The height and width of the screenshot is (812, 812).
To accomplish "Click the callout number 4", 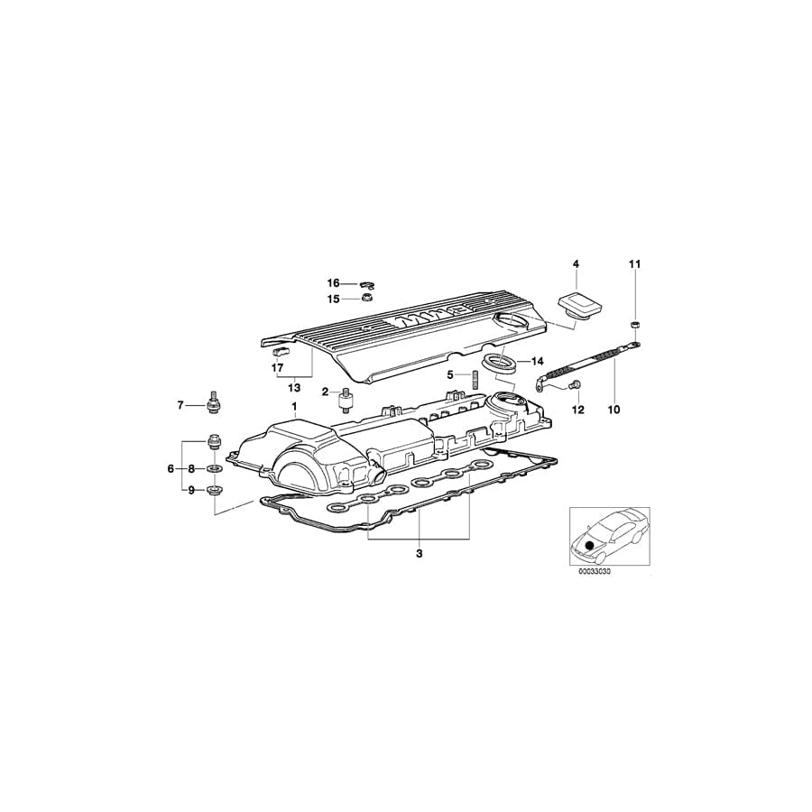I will point(575,263).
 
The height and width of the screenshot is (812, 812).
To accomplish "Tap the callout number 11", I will point(634,263).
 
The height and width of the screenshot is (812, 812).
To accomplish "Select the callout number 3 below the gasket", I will point(419,553).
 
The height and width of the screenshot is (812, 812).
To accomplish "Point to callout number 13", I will point(294,387).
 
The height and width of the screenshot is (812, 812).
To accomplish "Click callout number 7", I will point(180,405).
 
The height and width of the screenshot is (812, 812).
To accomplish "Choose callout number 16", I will point(333,282).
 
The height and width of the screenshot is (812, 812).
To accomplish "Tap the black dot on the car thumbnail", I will point(591,544).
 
